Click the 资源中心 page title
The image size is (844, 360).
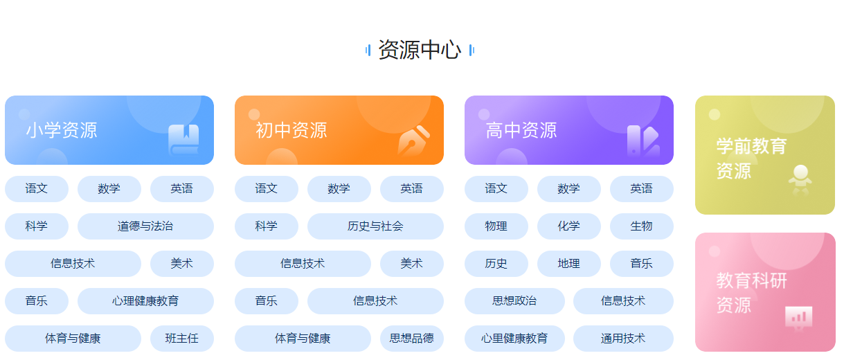coord(420,50)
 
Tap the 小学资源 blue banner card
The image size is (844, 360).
coord(109,130)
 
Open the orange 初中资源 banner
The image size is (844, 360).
coord(339,130)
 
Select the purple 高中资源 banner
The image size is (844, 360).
coord(569,130)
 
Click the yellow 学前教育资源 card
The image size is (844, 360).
coord(765,155)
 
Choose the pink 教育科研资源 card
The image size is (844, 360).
coord(765,292)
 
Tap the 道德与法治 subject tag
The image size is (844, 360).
coord(145,226)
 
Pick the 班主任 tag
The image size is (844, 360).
coord(182,338)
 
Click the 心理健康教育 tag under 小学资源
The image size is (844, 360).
coord(145,301)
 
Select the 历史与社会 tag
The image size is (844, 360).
coord(375,226)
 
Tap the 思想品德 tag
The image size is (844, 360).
coord(412,338)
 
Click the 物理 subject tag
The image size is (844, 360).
coord(496,226)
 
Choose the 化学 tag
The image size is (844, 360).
coord(569,226)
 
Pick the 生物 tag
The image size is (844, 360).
coord(642,226)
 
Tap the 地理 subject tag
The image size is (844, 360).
coord(569,263)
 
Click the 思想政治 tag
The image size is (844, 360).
coord(514,301)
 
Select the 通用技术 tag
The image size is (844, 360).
coord(623,338)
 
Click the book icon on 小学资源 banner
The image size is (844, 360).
coord(183,139)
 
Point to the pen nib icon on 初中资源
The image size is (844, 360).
coord(414,141)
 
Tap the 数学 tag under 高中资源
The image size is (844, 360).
coord(569,189)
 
